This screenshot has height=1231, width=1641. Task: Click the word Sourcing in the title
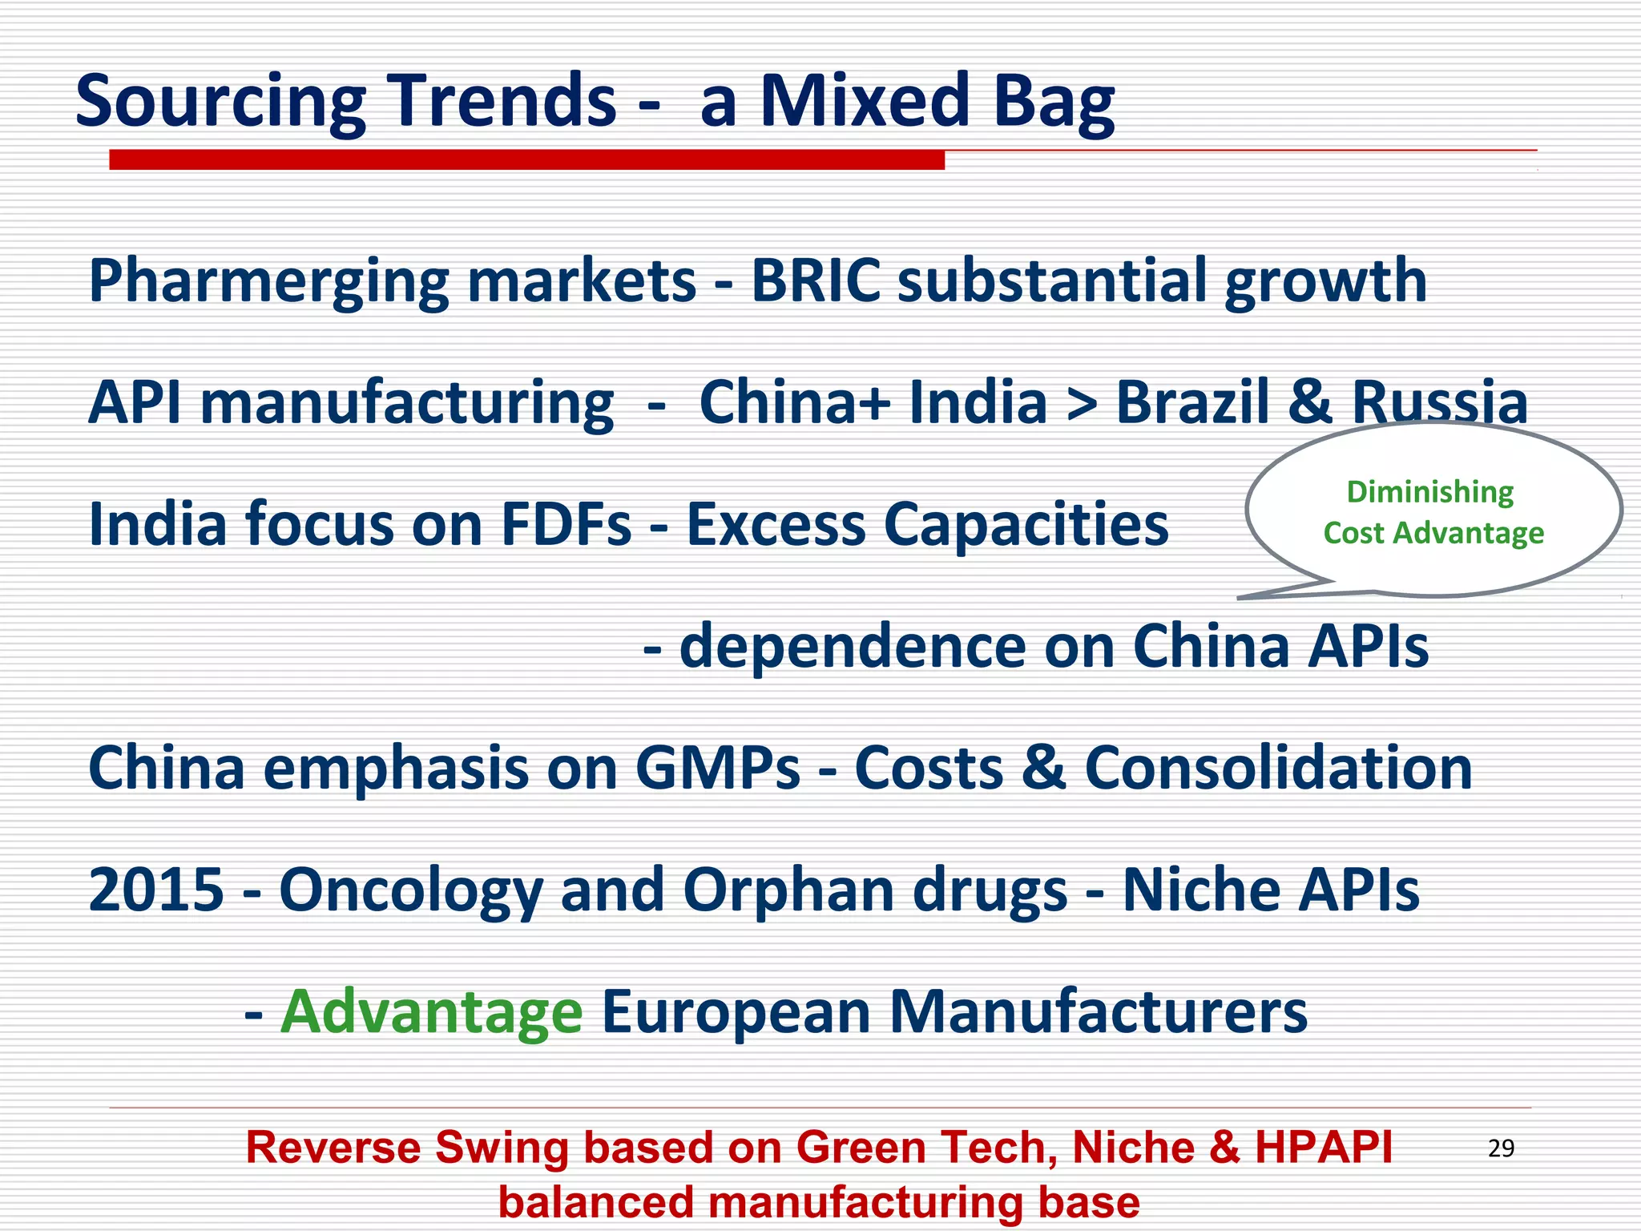(x=220, y=103)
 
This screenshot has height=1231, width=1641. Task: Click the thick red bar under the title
(x=526, y=160)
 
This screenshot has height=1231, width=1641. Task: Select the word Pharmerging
(x=268, y=282)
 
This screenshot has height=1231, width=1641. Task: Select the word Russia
(x=1440, y=402)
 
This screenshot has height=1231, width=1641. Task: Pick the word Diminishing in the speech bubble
(x=1430, y=492)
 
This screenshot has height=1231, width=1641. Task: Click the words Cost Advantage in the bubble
(x=1433, y=533)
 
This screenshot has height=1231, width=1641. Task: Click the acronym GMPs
(x=717, y=768)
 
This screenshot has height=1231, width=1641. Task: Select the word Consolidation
(x=1278, y=768)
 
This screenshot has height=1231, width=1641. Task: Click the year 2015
(x=156, y=890)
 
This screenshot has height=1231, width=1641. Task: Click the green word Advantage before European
(x=432, y=1011)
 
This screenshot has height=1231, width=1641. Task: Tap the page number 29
(x=1501, y=1148)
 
